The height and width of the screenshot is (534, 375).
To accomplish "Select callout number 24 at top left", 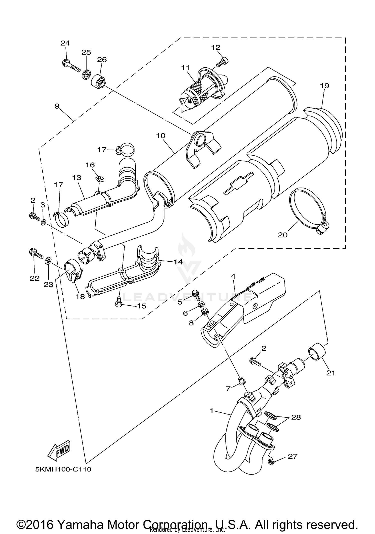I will click(x=65, y=43).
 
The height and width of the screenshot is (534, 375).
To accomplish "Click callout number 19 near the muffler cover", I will click(x=324, y=86).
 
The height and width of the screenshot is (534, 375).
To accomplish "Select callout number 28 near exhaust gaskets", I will click(x=296, y=417).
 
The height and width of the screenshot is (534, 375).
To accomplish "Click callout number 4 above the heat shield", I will click(x=233, y=276).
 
